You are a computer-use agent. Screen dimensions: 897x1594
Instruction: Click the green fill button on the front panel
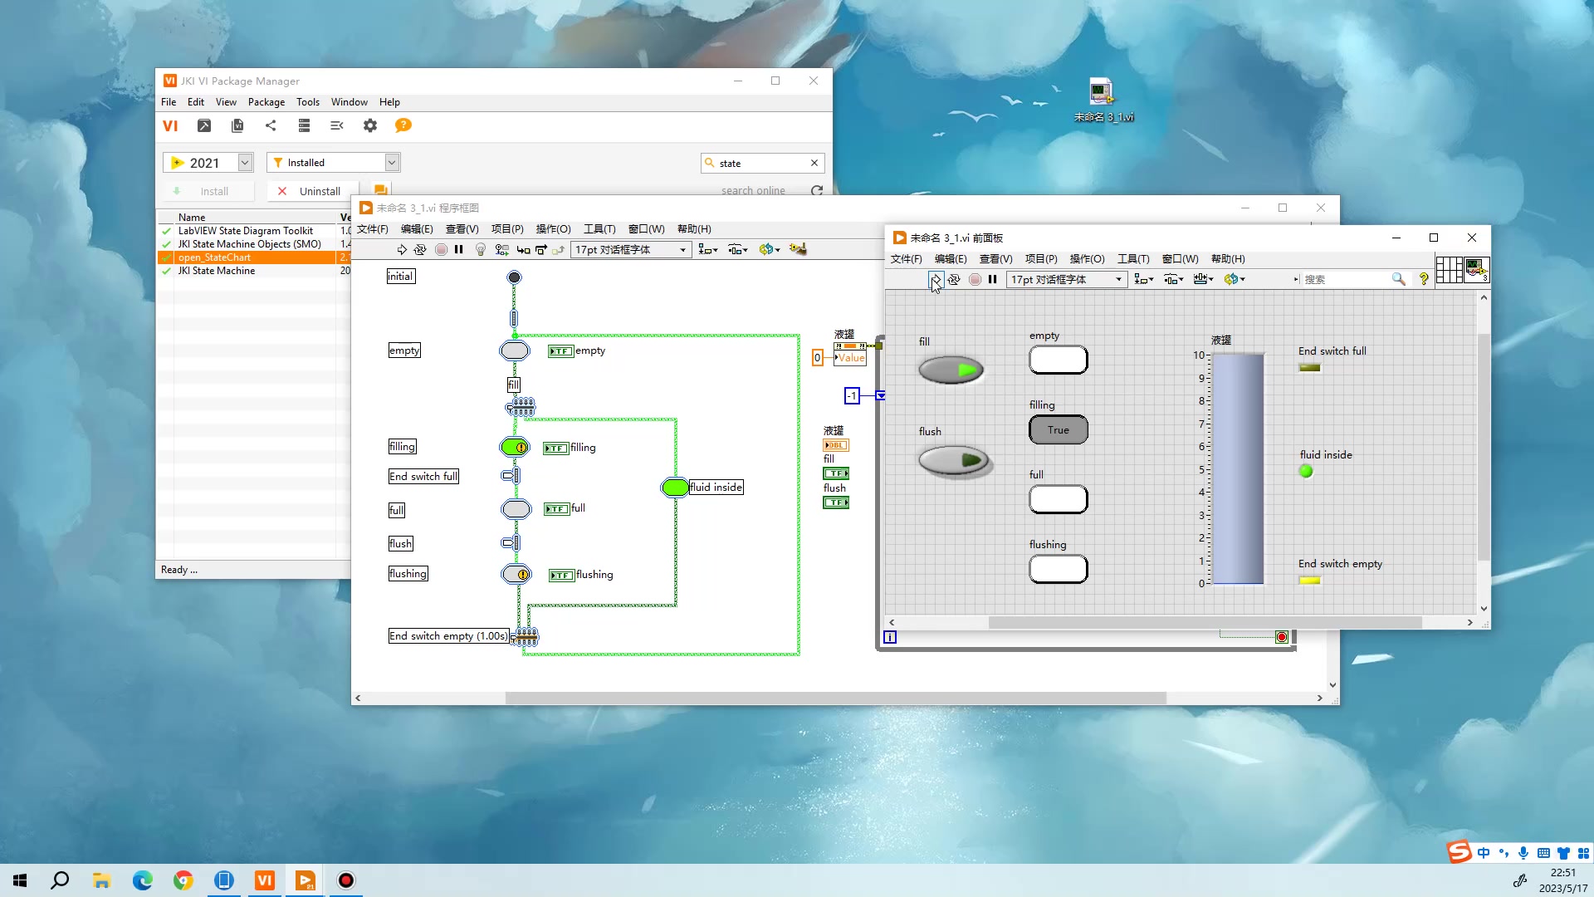coord(951,370)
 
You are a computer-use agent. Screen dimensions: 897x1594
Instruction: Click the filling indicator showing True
coord(1058,429)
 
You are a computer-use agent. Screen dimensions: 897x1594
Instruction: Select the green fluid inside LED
coord(1306,472)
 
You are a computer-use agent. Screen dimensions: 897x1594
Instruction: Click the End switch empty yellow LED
coord(1309,581)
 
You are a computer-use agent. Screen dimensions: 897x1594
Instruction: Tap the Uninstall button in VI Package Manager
coord(311,191)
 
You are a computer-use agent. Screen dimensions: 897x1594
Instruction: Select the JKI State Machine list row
coord(217,271)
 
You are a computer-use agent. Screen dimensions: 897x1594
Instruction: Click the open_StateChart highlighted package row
coord(214,257)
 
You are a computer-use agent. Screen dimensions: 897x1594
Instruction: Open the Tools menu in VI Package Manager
coord(307,102)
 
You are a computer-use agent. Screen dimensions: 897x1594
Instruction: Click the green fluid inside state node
coord(675,488)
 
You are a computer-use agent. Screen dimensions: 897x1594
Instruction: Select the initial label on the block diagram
coord(400,277)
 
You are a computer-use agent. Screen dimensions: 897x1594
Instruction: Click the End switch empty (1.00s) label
coord(448,636)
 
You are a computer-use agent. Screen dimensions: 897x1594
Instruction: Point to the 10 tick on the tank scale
coord(1199,355)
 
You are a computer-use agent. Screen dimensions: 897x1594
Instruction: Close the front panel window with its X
coord(1472,238)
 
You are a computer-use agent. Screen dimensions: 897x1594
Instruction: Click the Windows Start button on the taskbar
coord(20,880)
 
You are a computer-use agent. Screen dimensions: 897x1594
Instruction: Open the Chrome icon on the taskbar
coord(183,880)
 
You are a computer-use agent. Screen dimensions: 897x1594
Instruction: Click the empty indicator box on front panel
coord(1058,360)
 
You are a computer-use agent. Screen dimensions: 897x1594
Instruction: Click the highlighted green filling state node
coord(515,448)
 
